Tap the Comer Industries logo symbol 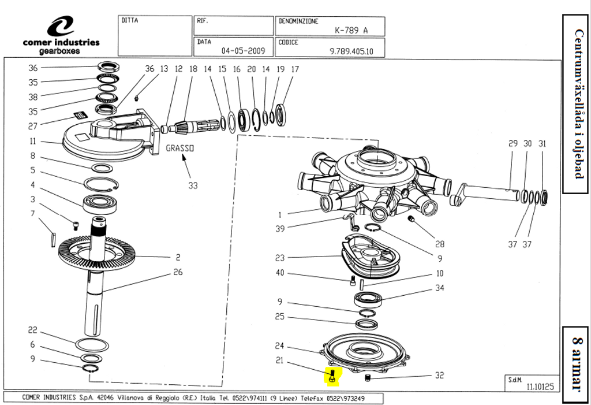pos(61,27)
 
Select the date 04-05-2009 pos(243,51)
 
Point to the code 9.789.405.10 pos(351,51)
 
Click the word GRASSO pos(180,148)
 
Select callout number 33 pos(193,185)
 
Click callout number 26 pos(178,272)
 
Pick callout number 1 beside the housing pos(280,215)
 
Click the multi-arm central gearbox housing pos(375,179)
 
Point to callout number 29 pos(513,144)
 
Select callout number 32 pos(439,375)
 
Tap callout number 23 pos(280,258)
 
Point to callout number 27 pos(33,126)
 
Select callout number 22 pos(33,330)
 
